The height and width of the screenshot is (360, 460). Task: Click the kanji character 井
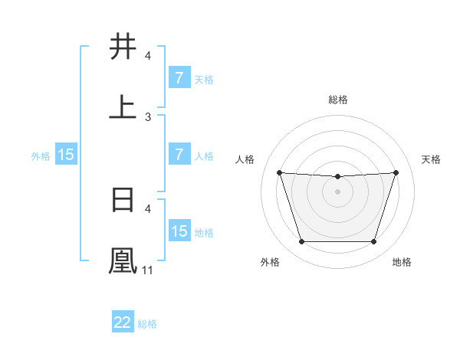pos(123,47)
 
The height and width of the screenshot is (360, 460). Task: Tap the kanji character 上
pos(123,107)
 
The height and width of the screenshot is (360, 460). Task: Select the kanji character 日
pos(123,198)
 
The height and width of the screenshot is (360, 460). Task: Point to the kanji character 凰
pos(123,260)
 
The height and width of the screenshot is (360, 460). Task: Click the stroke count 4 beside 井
pos(148,56)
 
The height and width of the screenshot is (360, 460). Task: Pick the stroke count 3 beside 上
pos(148,116)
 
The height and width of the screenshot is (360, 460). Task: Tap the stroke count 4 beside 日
pos(148,208)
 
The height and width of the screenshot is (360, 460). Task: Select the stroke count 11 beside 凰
pos(148,270)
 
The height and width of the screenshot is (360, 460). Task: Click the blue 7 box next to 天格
pos(179,78)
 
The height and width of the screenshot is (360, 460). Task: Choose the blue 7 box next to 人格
pos(179,155)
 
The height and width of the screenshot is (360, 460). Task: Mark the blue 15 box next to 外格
pos(66,155)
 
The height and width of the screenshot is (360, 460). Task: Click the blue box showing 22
pos(123,322)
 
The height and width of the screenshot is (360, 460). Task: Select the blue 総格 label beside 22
pos(147,324)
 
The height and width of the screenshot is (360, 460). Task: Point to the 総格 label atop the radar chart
pos(338,100)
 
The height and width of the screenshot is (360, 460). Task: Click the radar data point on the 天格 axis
pos(396,173)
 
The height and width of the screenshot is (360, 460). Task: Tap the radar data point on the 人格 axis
pos(280,173)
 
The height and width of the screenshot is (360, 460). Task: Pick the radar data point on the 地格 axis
pos(373,242)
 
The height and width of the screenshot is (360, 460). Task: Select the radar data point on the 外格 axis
pos(301,242)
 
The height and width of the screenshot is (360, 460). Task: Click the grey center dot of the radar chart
pos(338,191)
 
